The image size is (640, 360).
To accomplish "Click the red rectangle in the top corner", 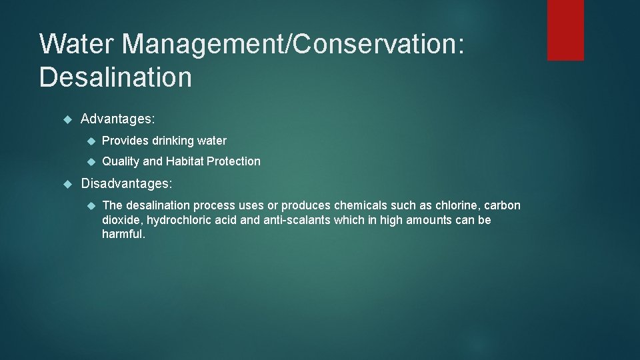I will point(565,30).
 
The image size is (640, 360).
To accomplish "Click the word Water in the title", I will point(77,44).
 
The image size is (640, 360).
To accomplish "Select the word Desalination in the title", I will point(115,77).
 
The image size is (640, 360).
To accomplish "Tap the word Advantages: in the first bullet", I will point(118,119).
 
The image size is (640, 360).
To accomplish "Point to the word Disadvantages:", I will point(127,182).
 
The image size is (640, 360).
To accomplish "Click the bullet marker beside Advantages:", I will point(66,119).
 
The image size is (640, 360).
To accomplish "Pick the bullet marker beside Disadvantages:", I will point(66,183).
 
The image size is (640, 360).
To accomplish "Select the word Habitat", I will point(186,161).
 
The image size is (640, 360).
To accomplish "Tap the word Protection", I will point(235,161).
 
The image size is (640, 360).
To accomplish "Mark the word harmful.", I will point(123,234).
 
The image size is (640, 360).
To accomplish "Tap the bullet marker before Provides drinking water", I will point(91,141).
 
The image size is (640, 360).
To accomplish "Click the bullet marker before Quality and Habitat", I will point(91,161).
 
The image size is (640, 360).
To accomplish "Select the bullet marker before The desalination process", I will point(91,205).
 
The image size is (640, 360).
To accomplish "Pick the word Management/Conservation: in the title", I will point(293,44).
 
